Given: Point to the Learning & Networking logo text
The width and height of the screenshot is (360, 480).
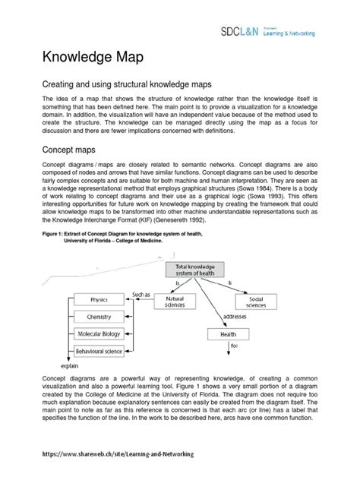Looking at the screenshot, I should coord(314,34).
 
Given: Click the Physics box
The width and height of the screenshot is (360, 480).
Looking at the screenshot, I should coord(99,300).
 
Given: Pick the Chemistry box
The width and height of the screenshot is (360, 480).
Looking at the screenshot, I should coord(99,317).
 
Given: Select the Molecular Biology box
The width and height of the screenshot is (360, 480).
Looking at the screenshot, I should coord(99,333).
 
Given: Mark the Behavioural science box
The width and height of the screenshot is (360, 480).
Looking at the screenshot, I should coord(99,351).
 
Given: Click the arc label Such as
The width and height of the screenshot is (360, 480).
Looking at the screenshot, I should coord(141,293).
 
